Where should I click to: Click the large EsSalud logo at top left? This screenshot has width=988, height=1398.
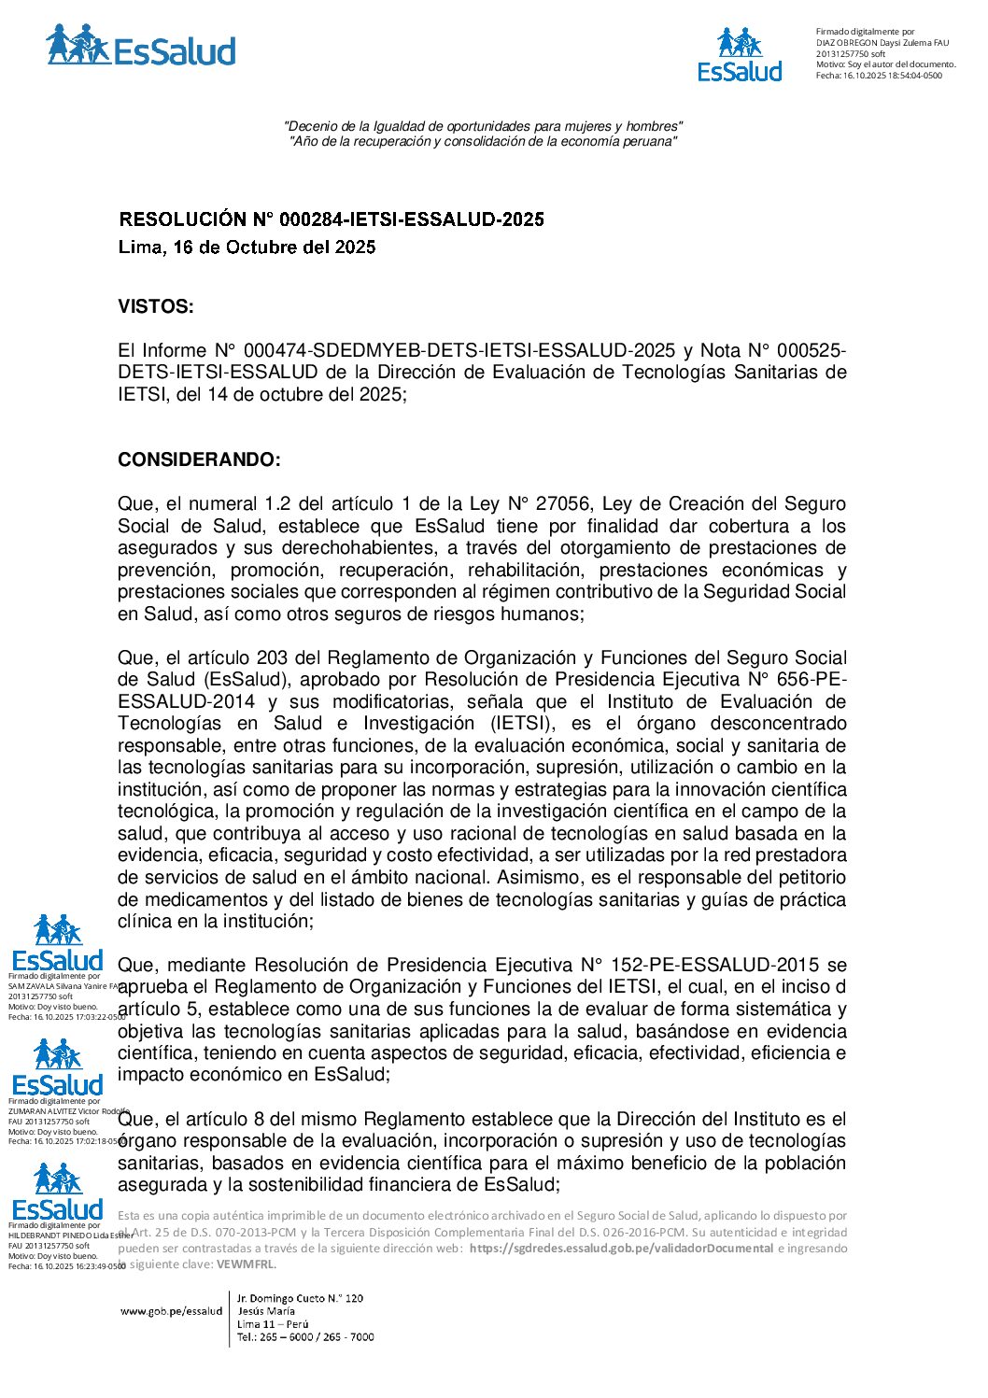141,46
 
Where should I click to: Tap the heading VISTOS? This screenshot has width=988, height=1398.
156,306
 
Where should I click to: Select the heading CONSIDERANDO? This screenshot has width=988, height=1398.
199,459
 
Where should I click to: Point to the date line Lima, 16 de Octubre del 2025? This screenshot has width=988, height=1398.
247,247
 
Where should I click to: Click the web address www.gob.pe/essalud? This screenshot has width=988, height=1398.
171,1311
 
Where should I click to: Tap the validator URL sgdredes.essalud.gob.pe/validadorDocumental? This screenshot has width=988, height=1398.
621,1249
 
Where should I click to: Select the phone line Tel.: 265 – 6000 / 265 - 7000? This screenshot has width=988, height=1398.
305,1337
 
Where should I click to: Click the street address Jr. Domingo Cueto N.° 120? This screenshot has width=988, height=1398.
300,1298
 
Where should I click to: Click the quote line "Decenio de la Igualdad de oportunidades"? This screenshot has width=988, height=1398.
483,126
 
